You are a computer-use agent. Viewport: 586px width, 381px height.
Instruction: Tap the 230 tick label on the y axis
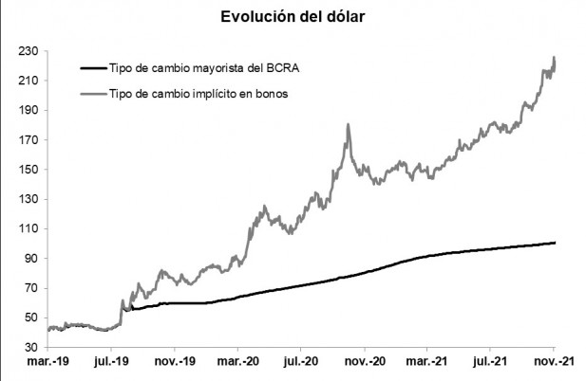pos(28,51)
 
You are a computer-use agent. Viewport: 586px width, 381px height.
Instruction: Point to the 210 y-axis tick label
pos(28,81)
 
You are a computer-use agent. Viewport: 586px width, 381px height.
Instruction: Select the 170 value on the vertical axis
pos(28,140)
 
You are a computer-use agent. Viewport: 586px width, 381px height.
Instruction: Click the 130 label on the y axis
pos(28,199)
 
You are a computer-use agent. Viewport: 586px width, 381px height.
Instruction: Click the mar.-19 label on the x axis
pos(48,362)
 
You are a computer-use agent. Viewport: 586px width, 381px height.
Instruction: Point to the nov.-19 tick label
pos(176,362)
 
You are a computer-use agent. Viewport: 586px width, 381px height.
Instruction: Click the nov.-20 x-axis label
pos(365,362)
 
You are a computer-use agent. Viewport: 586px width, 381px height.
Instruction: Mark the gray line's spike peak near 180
pos(349,124)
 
